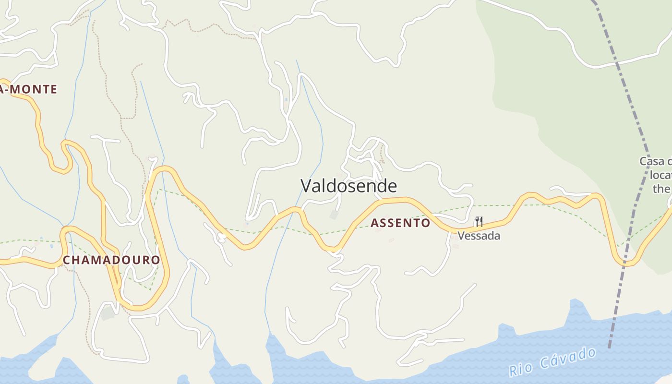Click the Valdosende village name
click(349, 186)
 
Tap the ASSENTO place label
click(400, 223)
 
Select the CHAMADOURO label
click(111, 260)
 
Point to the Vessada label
click(479, 236)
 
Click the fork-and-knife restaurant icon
click(479, 222)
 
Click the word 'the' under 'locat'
click(661, 189)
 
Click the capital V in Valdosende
click(306, 186)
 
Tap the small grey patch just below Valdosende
click(334, 215)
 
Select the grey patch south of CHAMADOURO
click(108, 313)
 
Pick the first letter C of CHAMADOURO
click(67, 260)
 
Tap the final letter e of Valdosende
click(393, 186)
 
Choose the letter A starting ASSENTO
click(374, 223)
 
